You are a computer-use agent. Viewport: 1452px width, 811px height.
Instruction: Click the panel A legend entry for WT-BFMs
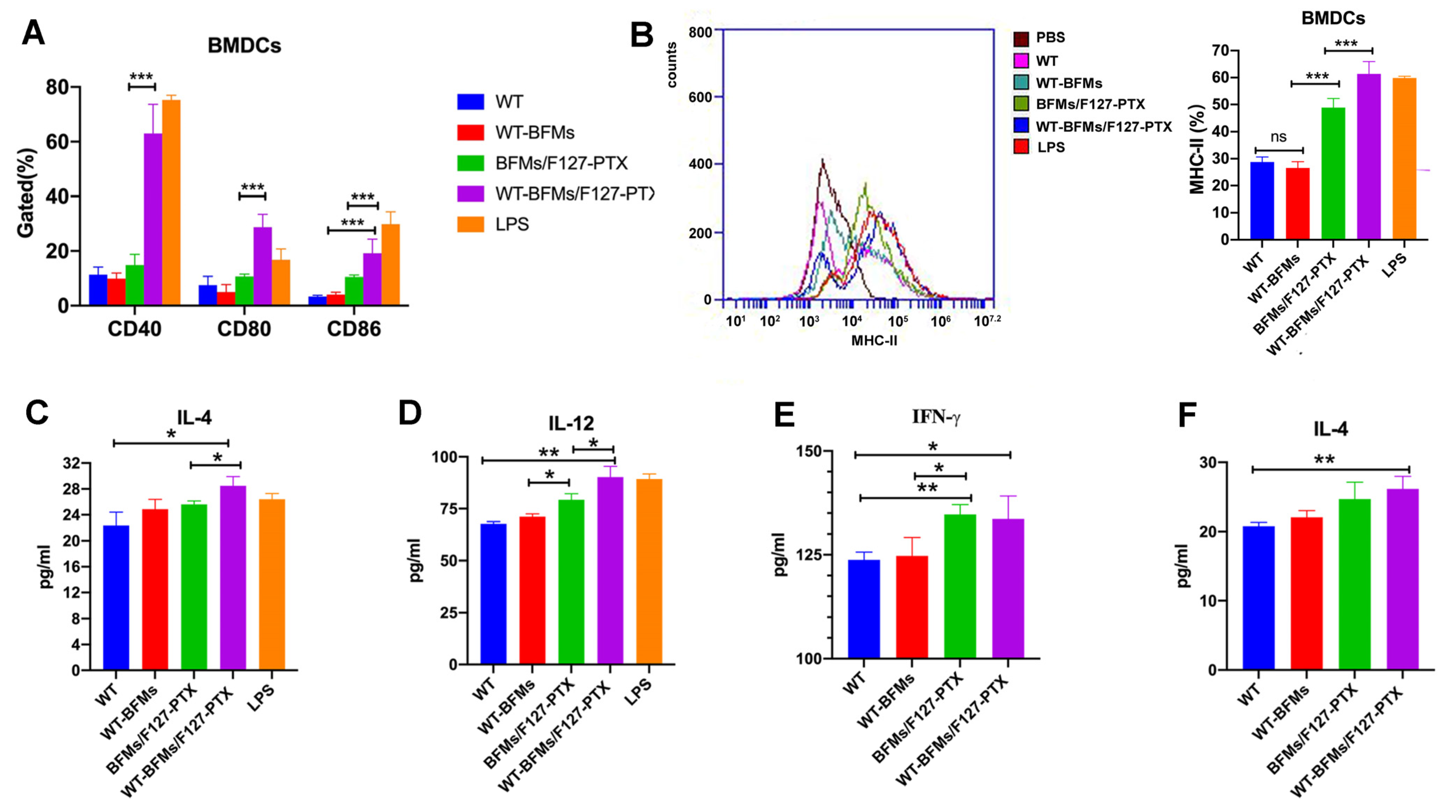point(534,133)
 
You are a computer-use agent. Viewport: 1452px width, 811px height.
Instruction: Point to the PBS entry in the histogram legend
point(1050,38)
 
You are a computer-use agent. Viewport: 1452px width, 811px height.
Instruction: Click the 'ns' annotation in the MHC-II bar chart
point(1278,136)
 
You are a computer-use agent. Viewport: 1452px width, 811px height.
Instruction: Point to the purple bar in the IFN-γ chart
point(1008,588)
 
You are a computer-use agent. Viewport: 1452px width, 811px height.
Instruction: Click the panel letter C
point(37,412)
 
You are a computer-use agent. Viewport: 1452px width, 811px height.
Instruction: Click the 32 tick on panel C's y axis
point(72,463)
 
